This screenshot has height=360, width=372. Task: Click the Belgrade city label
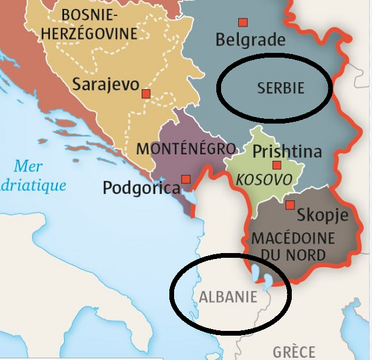click(x=250, y=40)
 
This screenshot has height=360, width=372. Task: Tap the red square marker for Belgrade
click(x=242, y=23)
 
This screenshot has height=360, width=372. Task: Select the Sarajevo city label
click(x=105, y=84)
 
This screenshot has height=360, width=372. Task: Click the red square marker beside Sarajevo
click(x=146, y=93)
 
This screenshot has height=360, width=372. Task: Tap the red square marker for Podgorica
click(x=186, y=179)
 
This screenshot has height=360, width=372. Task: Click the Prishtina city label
click(x=287, y=151)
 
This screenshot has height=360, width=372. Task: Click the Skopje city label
click(x=322, y=214)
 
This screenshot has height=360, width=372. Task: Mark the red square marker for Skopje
click(x=290, y=205)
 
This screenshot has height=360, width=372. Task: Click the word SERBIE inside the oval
click(x=280, y=89)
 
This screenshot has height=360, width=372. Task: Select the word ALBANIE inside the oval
click(x=228, y=296)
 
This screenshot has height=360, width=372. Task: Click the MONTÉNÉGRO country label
click(x=186, y=149)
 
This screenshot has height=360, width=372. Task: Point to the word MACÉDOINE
click(x=294, y=239)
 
